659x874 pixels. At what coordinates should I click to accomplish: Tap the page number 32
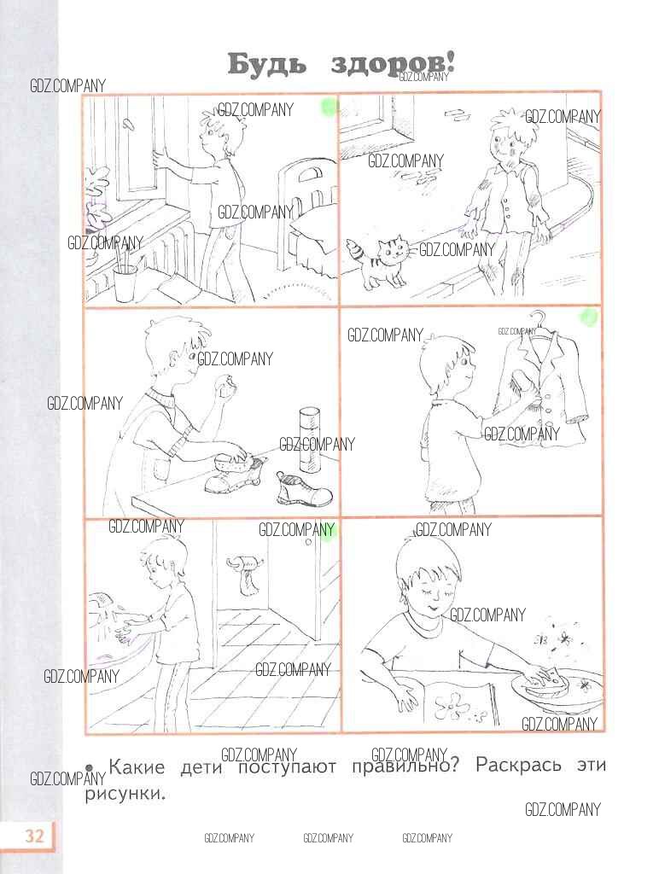34,836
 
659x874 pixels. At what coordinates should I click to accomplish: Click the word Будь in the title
267,65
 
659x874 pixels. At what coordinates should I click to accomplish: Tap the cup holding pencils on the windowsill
125,280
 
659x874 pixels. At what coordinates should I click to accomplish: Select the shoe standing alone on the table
304,488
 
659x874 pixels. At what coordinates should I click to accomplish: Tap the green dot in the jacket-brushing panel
589,318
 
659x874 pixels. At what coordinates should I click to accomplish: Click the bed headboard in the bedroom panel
308,185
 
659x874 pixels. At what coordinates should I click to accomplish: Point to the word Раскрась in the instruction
518,766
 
